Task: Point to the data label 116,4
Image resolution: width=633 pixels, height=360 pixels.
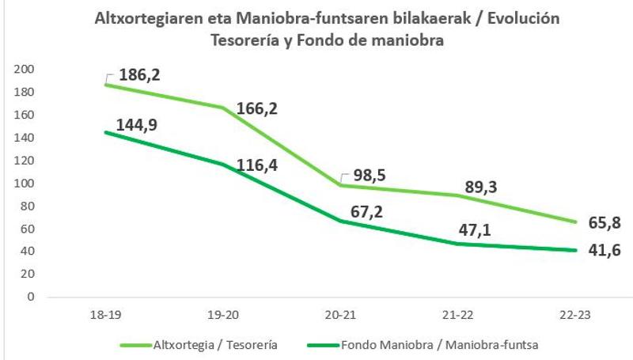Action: point(261,166)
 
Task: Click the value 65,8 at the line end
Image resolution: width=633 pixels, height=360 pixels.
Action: point(605,223)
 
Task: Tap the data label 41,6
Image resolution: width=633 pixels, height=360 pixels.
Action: point(605,251)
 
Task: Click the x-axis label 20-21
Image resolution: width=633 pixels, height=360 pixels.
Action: point(340,315)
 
